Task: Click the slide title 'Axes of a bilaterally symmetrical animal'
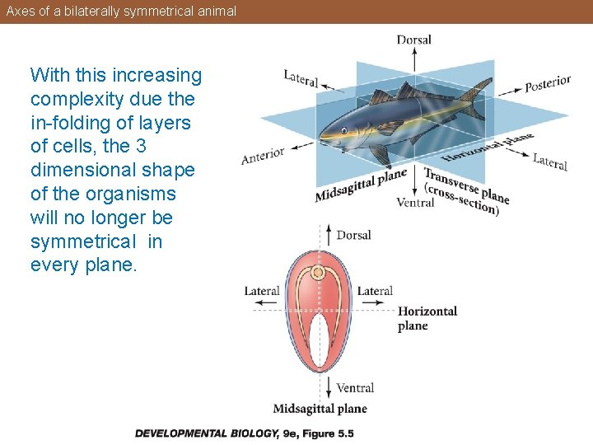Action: coord(121,12)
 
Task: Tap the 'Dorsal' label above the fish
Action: coord(413,40)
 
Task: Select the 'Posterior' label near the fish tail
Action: coord(548,83)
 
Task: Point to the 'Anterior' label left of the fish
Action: coord(263,154)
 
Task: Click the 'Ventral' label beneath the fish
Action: coord(415,202)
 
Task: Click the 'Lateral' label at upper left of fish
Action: coord(301,78)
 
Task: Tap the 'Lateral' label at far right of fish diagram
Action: coord(549,162)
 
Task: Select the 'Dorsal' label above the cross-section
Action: coord(353,235)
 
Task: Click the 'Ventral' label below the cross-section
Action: coord(355,387)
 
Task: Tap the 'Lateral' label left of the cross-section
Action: coord(262,291)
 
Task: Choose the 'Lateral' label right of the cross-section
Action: coord(375,291)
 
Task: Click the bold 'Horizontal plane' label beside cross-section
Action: coord(427,318)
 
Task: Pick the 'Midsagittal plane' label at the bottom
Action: coord(320,409)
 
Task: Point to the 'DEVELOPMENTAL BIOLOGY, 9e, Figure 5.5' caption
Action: coord(244,433)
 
